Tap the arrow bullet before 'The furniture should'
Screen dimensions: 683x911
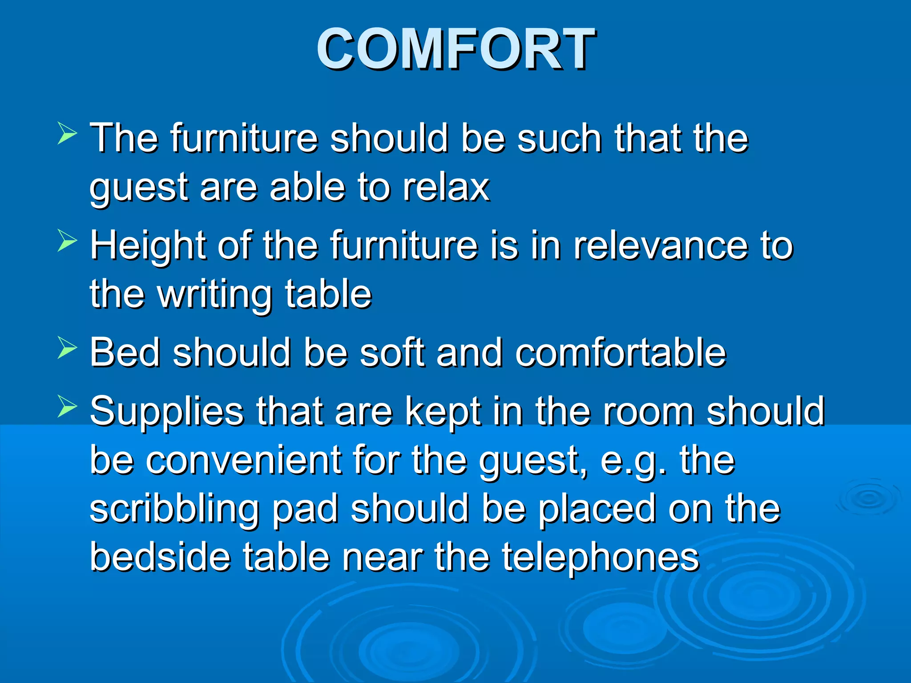(x=67, y=134)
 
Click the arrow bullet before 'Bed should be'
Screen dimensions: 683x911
(x=67, y=348)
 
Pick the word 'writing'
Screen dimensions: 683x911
(x=215, y=295)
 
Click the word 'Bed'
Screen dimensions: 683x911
(x=125, y=353)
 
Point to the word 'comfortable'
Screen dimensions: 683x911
(x=621, y=353)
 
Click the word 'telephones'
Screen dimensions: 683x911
(x=601, y=558)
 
